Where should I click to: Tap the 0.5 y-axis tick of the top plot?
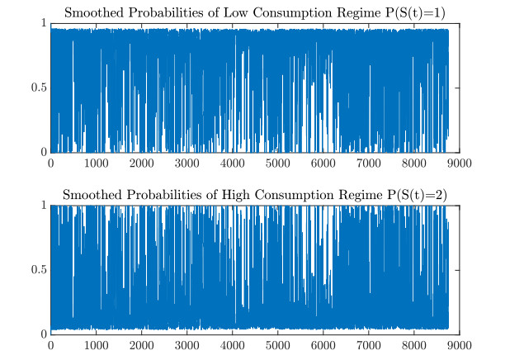click(x=38, y=88)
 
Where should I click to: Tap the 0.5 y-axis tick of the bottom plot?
click(x=38, y=270)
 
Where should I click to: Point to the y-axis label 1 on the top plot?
click(x=44, y=24)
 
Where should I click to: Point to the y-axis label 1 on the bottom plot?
click(x=44, y=206)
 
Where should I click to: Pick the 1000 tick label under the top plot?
click(x=97, y=163)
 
